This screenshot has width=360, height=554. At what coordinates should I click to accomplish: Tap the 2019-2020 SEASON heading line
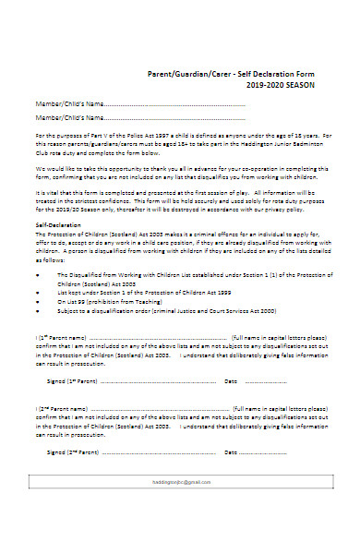click(x=281, y=85)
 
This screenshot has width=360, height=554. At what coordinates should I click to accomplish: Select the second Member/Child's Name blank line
click(x=175, y=118)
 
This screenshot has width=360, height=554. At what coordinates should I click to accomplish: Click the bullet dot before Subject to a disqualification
click(x=37, y=312)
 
